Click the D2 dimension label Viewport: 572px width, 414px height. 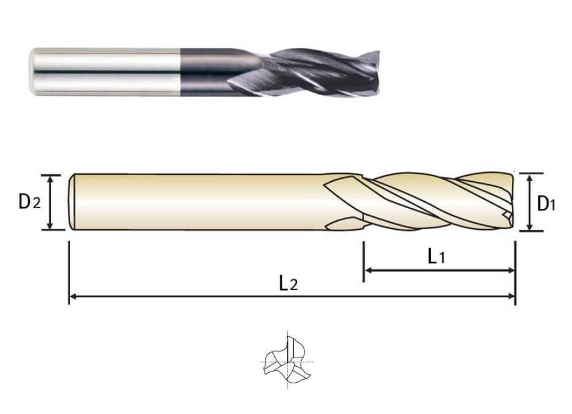(x=29, y=201)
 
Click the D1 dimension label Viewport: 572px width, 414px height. (x=546, y=203)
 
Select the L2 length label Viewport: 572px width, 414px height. (x=288, y=283)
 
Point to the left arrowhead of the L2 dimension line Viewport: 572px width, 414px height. (x=72, y=297)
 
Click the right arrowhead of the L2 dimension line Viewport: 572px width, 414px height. (x=511, y=297)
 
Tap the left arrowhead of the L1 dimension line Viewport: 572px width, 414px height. (x=368, y=270)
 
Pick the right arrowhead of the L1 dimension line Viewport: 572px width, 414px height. (x=511, y=270)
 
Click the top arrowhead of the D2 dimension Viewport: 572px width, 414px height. (x=50, y=179)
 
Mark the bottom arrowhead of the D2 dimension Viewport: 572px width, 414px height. (x=50, y=225)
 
